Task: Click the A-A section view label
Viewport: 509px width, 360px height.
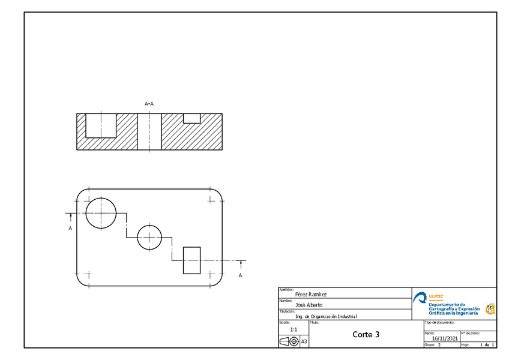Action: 149,104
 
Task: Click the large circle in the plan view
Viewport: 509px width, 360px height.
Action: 101,212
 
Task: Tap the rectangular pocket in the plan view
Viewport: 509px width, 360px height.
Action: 191,260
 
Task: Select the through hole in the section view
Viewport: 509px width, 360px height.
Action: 149,131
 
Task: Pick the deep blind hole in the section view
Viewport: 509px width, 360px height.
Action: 101,125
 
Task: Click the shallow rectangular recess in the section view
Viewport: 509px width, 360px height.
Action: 191,118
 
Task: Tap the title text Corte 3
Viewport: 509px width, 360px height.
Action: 366,334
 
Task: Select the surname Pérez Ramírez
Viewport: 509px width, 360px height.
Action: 312,295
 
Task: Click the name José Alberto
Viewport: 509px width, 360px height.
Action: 309,305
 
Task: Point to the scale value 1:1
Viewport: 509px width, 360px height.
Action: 294,329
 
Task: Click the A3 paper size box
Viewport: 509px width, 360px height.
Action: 304,341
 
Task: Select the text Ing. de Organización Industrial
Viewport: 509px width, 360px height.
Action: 326,316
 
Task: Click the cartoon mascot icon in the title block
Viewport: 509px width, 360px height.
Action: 490,308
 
